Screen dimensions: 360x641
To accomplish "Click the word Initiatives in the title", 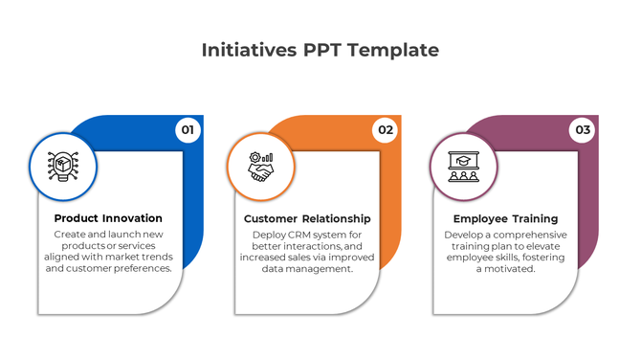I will [247, 51].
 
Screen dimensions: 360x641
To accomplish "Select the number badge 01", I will [188, 130].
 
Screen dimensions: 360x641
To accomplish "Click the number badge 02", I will [385, 130].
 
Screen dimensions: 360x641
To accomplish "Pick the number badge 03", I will [582, 130].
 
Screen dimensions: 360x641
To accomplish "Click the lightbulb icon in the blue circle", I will [63, 167].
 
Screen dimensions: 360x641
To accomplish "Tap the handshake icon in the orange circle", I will [260, 167].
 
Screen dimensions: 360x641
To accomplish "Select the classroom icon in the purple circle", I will [463, 167].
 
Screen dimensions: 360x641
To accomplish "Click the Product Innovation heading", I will [108, 218].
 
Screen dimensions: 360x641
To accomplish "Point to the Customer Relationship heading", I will [306, 219].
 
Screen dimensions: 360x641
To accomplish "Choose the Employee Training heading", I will [505, 219].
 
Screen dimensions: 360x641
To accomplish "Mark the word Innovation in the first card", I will [133, 218].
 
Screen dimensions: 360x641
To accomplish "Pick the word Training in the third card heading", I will [532, 219].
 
